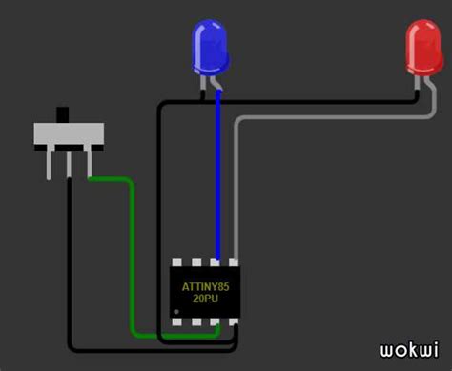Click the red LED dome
tap(422, 46)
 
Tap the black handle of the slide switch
tap(65, 114)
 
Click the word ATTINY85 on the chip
tap(205, 285)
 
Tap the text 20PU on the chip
tap(205, 299)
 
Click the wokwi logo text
tap(409, 351)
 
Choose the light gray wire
tap(324, 118)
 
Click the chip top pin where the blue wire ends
tap(218, 261)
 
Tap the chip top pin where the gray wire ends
tap(234, 261)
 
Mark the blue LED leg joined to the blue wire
tap(216, 84)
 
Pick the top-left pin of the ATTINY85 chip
tap(176, 261)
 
